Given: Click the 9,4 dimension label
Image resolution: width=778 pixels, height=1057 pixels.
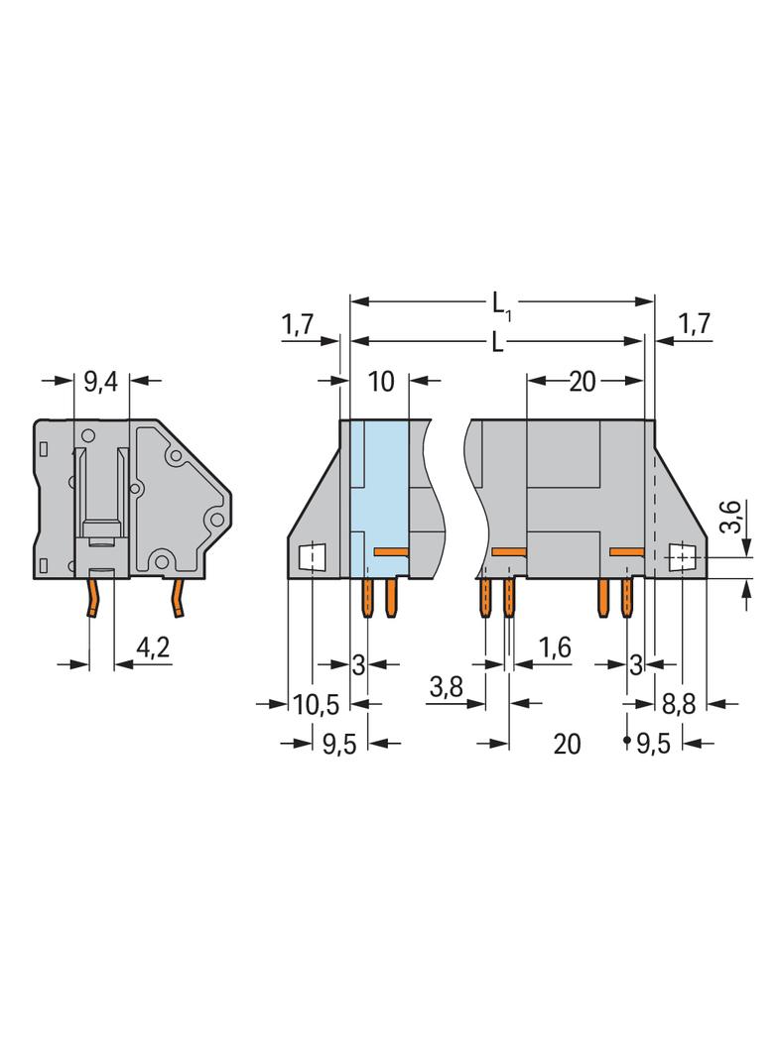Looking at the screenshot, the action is click(x=100, y=382).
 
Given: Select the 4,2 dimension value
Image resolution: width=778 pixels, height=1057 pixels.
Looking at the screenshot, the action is click(x=153, y=648).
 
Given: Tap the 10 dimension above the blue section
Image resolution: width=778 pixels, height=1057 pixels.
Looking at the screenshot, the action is click(x=381, y=382).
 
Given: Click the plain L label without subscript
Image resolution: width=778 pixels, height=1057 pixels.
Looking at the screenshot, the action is click(x=498, y=343).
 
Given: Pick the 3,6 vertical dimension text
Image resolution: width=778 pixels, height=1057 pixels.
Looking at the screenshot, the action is click(x=730, y=517).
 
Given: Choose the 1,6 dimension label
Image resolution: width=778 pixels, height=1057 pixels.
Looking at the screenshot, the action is click(x=555, y=647).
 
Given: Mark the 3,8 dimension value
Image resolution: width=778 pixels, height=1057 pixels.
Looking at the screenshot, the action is click(x=446, y=688).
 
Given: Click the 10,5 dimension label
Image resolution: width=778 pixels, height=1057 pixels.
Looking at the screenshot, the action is click(x=317, y=706).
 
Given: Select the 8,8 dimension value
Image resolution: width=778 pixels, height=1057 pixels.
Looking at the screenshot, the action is click(x=678, y=706).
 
